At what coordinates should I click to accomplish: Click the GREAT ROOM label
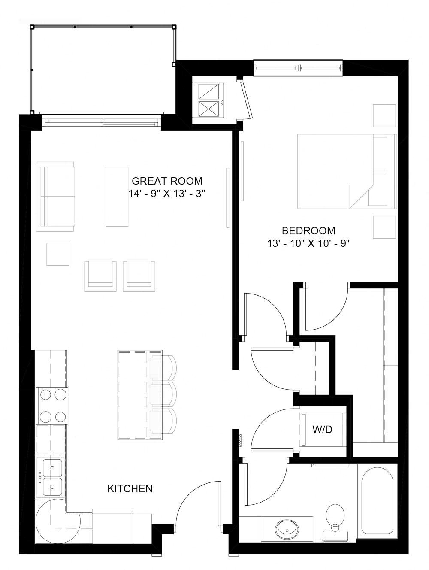pyautogui.click(x=167, y=181)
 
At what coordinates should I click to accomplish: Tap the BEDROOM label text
pyautogui.click(x=308, y=230)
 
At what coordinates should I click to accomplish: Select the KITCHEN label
pyautogui.click(x=130, y=488)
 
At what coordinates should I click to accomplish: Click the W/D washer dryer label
pyautogui.click(x=322, y=429)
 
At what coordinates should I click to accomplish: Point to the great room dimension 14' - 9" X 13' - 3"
pyautogui.click(x=167, y=194)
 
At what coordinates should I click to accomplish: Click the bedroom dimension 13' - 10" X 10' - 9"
pyautogui.click(x=308, y=244)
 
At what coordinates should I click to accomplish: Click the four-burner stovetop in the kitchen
pyautogui.click(x=53, y=405)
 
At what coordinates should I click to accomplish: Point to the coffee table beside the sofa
pyautogui.click(x=117, y=196)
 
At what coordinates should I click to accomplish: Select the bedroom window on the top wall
pyautogui.click(x=298, y=68)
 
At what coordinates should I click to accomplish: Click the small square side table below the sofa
pyautogui.click(x=57, y=255)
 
